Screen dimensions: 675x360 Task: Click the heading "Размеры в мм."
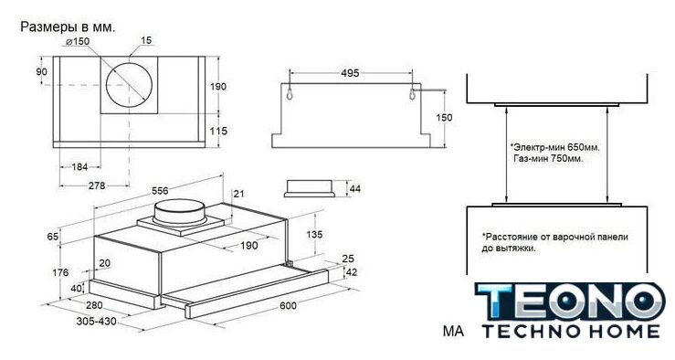(68, 27)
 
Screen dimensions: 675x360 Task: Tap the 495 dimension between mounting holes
(350, 73)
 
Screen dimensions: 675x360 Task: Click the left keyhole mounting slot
(290, 93)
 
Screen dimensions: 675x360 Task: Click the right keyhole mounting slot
(412, 93)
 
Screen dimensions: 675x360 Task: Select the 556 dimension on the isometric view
(160, 190)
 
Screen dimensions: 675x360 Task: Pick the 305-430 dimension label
(97, 322)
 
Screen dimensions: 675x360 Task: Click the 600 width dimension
(288, 305)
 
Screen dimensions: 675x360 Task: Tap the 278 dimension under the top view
(97, 185)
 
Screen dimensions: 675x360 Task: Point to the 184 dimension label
(79, 166)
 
